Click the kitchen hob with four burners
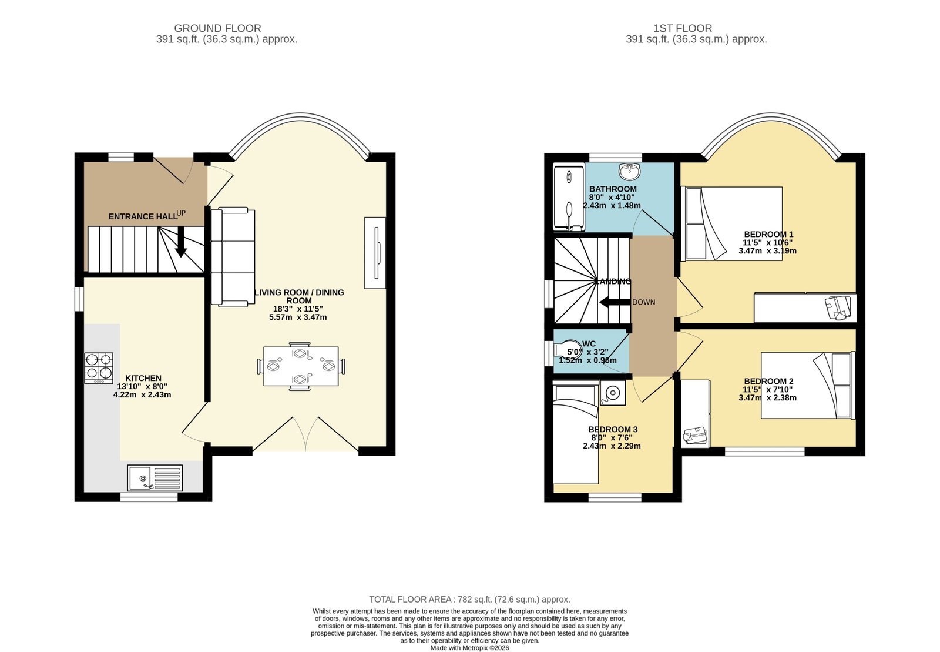99,368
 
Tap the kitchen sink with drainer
155,478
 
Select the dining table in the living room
301,366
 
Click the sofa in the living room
233,257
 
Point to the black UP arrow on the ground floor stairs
181,242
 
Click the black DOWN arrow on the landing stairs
615,302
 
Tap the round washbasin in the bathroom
629,171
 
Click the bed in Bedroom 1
734,224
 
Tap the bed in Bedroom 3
576,433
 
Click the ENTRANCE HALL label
143,216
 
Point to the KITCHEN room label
143,378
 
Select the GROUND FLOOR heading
217,28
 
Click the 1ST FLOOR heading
683,28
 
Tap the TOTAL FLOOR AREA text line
469,600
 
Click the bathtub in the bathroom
569,198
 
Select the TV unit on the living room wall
375,253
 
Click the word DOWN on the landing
644,302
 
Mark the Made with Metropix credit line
469,648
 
